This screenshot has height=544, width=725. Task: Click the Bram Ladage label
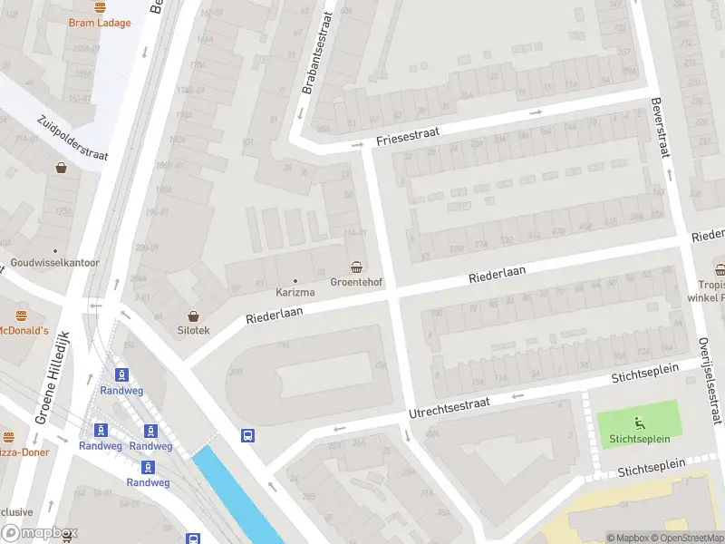[100, 23]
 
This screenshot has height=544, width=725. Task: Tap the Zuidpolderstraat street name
[72, 138]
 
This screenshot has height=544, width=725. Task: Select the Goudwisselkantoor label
[54, 263]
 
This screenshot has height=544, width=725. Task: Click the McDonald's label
[24, 331]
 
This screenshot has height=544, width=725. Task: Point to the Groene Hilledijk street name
[52, 377]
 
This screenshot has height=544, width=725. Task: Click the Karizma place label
[295, 293]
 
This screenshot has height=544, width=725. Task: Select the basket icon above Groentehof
[358, 267]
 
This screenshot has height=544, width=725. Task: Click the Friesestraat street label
[407, 137]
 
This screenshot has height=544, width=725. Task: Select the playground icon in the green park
[638, 422]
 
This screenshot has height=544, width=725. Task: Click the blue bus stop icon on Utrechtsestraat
[248, 435]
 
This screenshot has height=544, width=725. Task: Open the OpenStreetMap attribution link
[685, 538]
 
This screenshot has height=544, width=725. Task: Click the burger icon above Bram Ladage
[100, 6]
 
